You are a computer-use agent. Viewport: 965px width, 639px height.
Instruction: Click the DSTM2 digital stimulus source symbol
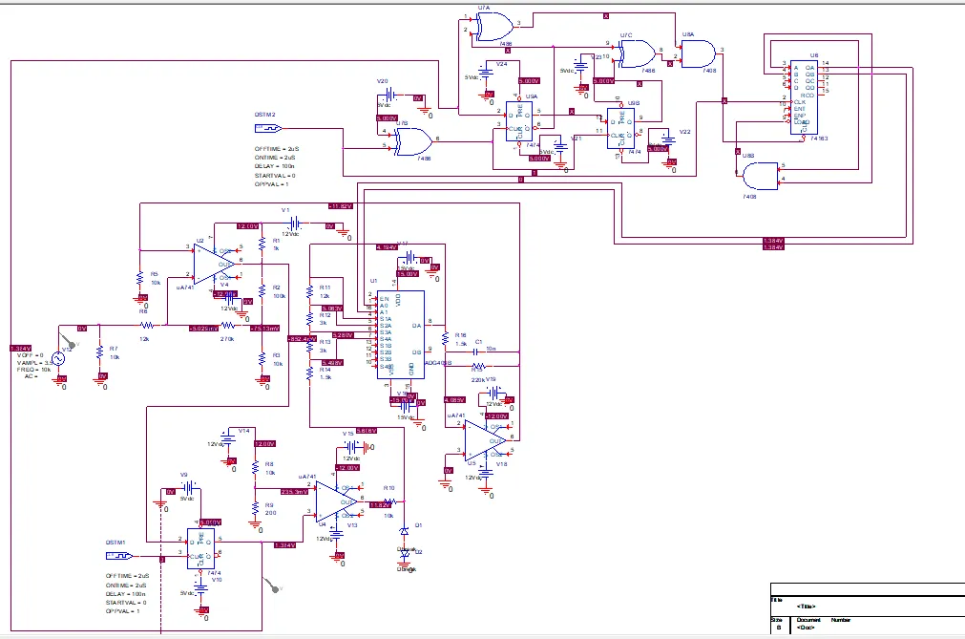(x=266, y=127)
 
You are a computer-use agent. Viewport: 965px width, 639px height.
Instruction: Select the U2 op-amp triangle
(x=214, y=260)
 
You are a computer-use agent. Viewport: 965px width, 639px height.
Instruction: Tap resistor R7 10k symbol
(x=100, y=352)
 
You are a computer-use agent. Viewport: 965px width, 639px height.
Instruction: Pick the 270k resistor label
(x=227, y=339)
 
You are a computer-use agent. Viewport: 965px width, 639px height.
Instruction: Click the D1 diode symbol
(x=405, y=531)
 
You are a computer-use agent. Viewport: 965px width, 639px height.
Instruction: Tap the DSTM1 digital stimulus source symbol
(x=117, y=555)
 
